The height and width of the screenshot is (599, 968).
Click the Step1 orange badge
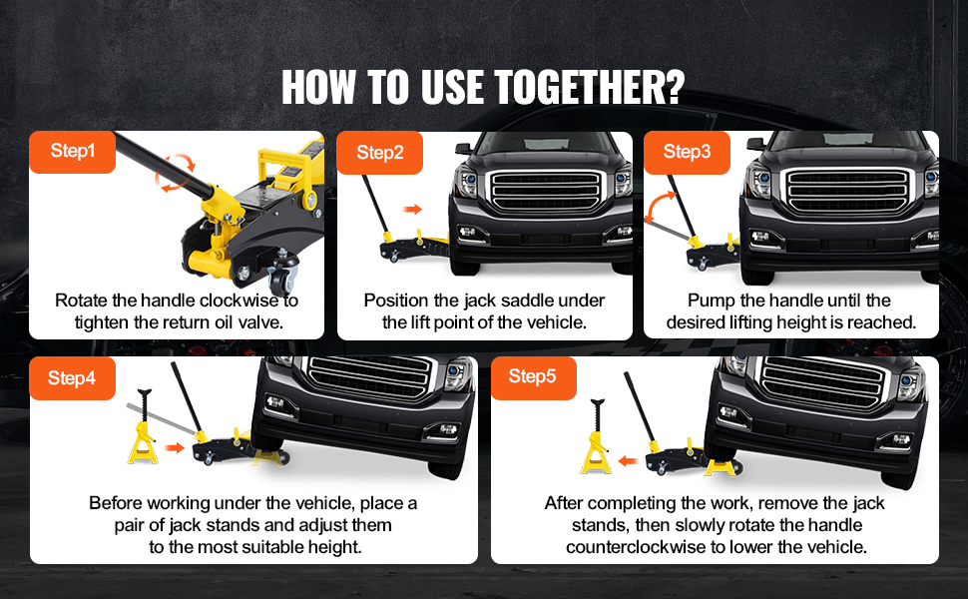tap(72, 152)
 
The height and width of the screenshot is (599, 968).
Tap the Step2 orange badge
tap(379, 153)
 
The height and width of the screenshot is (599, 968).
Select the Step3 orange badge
tap(688, 152)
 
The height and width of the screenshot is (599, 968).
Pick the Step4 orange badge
tap(72, 378)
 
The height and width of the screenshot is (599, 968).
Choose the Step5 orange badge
tap(533, 376)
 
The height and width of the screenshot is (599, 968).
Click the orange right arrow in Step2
tap(412, 210)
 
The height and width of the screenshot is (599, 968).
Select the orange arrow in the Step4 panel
tap(175, 447)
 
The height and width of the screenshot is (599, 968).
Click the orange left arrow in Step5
tap(628, 460)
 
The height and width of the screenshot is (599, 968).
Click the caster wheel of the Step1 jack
tap(283, 280)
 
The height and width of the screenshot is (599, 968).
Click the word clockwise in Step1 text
tap(241, 300)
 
